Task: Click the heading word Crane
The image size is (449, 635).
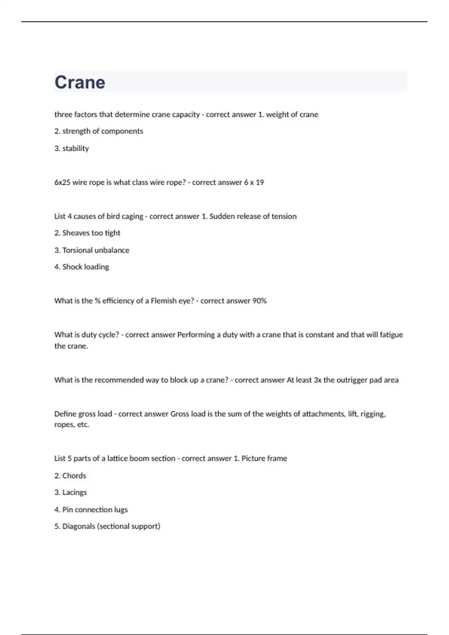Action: tap(80, 82)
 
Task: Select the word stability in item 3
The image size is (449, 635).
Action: tap(76, 148)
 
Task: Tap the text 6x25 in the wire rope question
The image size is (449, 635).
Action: tap(62, 182)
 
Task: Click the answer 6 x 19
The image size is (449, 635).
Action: tap(254, 182)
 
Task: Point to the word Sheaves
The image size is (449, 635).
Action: tap(76, 233)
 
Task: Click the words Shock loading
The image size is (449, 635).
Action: tap(86, 267)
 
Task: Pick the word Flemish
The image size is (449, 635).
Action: tap(164, 301)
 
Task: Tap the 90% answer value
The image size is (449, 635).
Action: tap(259, 301)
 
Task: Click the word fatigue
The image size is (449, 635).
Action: tap(391, 335)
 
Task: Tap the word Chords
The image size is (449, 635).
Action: tap(74, 476)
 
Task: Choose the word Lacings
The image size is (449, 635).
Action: tap(74, 492)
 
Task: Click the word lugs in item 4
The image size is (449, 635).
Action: tap(121, 509)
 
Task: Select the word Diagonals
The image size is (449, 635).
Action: tap(79, 526)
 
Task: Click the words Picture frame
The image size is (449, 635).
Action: tap(264, 458)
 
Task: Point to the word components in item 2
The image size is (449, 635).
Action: tap(122, 131)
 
